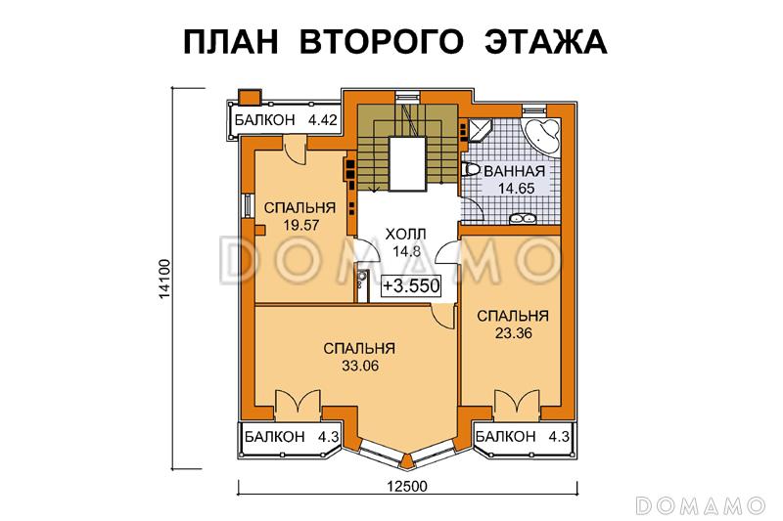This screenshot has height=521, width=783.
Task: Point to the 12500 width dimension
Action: click(x=403, y=488)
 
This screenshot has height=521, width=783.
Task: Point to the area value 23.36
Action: click(x=512, y=333)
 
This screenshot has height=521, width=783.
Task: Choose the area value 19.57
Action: click(x=290, y=225)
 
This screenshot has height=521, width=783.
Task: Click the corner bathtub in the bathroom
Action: click(x=541, y=135)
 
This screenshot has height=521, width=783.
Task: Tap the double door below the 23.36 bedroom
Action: click(x=516, y=404)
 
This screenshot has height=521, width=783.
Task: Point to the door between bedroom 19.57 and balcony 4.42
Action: click(x=294, y=148)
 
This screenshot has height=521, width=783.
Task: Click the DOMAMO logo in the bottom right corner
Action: click(x=700, y=504)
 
